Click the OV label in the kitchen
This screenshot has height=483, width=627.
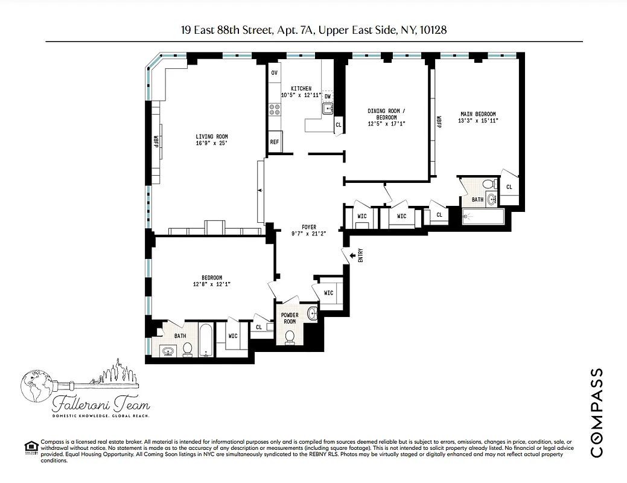[274, 72]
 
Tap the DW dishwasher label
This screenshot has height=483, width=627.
[327, 97]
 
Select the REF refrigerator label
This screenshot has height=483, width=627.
[275, 142]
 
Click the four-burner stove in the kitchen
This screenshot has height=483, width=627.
[274, 109]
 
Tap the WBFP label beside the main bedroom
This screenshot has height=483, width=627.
[439, 121]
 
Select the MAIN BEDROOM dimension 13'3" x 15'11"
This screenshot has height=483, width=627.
[478, 121]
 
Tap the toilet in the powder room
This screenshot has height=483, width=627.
[289, 336]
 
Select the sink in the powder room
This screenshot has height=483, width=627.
[312, 313]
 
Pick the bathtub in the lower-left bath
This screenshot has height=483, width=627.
[205, 341]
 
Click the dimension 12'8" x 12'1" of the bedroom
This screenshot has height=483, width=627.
[212, 284]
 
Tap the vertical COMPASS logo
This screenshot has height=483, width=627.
[596, 412]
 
